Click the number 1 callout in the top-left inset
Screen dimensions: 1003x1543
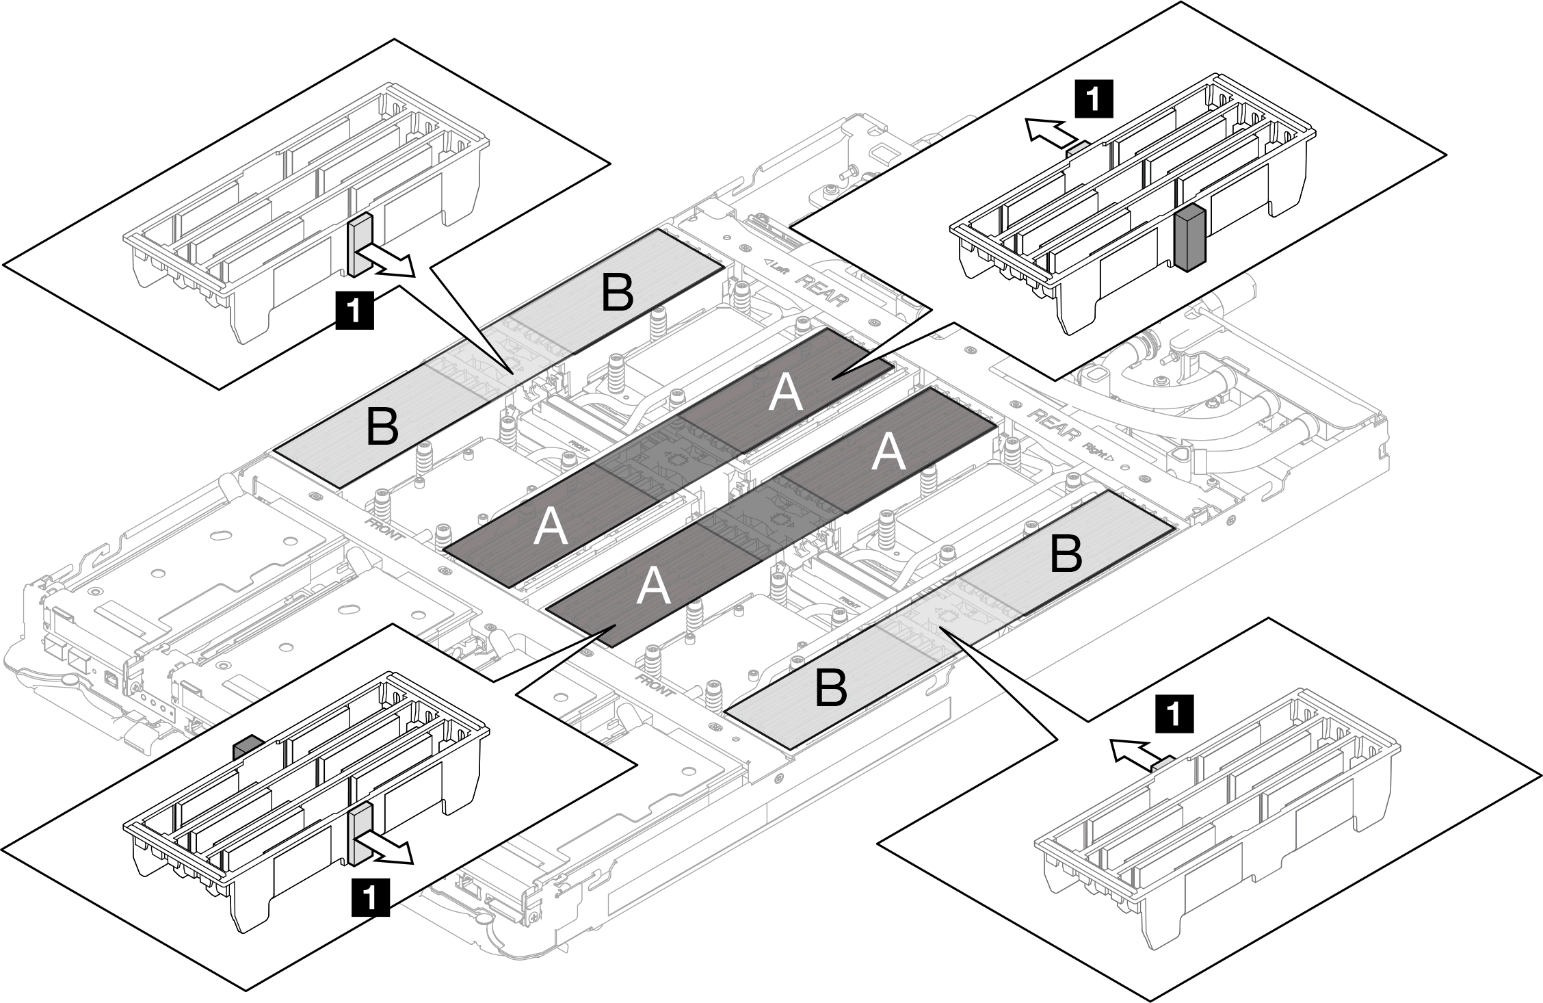pos(356,310)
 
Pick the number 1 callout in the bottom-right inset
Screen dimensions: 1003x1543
pos(1174,715)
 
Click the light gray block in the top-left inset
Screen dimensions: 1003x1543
pos(359,245)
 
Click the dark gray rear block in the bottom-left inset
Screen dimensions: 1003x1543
pos(246,748)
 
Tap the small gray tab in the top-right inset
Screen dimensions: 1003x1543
pos(1079,146)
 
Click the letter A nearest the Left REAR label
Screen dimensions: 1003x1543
pos(785,395)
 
